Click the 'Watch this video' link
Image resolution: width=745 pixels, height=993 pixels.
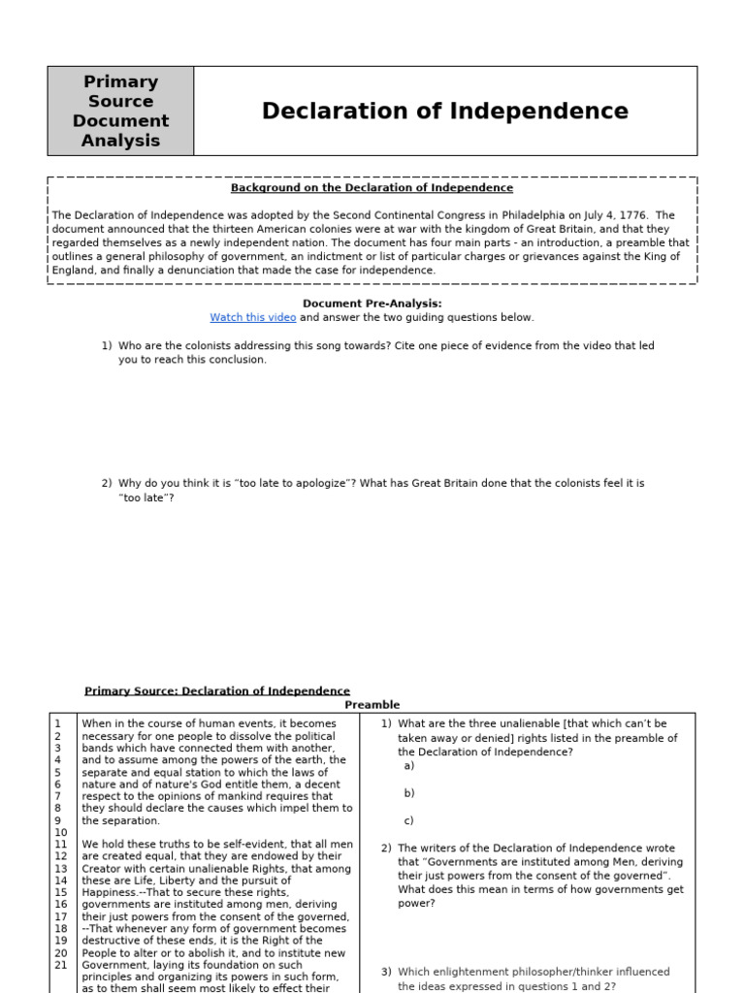253,317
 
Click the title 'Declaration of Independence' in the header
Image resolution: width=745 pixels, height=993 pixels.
444,112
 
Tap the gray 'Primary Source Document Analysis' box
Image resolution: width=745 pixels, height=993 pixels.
120,112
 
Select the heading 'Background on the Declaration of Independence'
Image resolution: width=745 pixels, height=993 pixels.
372,188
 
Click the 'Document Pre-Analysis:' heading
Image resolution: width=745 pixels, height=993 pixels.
372,304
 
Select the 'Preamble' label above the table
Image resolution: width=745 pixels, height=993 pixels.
372,705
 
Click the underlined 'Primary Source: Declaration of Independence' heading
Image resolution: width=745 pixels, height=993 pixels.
216,691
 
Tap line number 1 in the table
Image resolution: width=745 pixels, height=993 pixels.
58,723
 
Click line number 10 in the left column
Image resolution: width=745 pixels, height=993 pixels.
61,832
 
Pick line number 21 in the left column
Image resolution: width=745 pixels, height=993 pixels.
61,965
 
